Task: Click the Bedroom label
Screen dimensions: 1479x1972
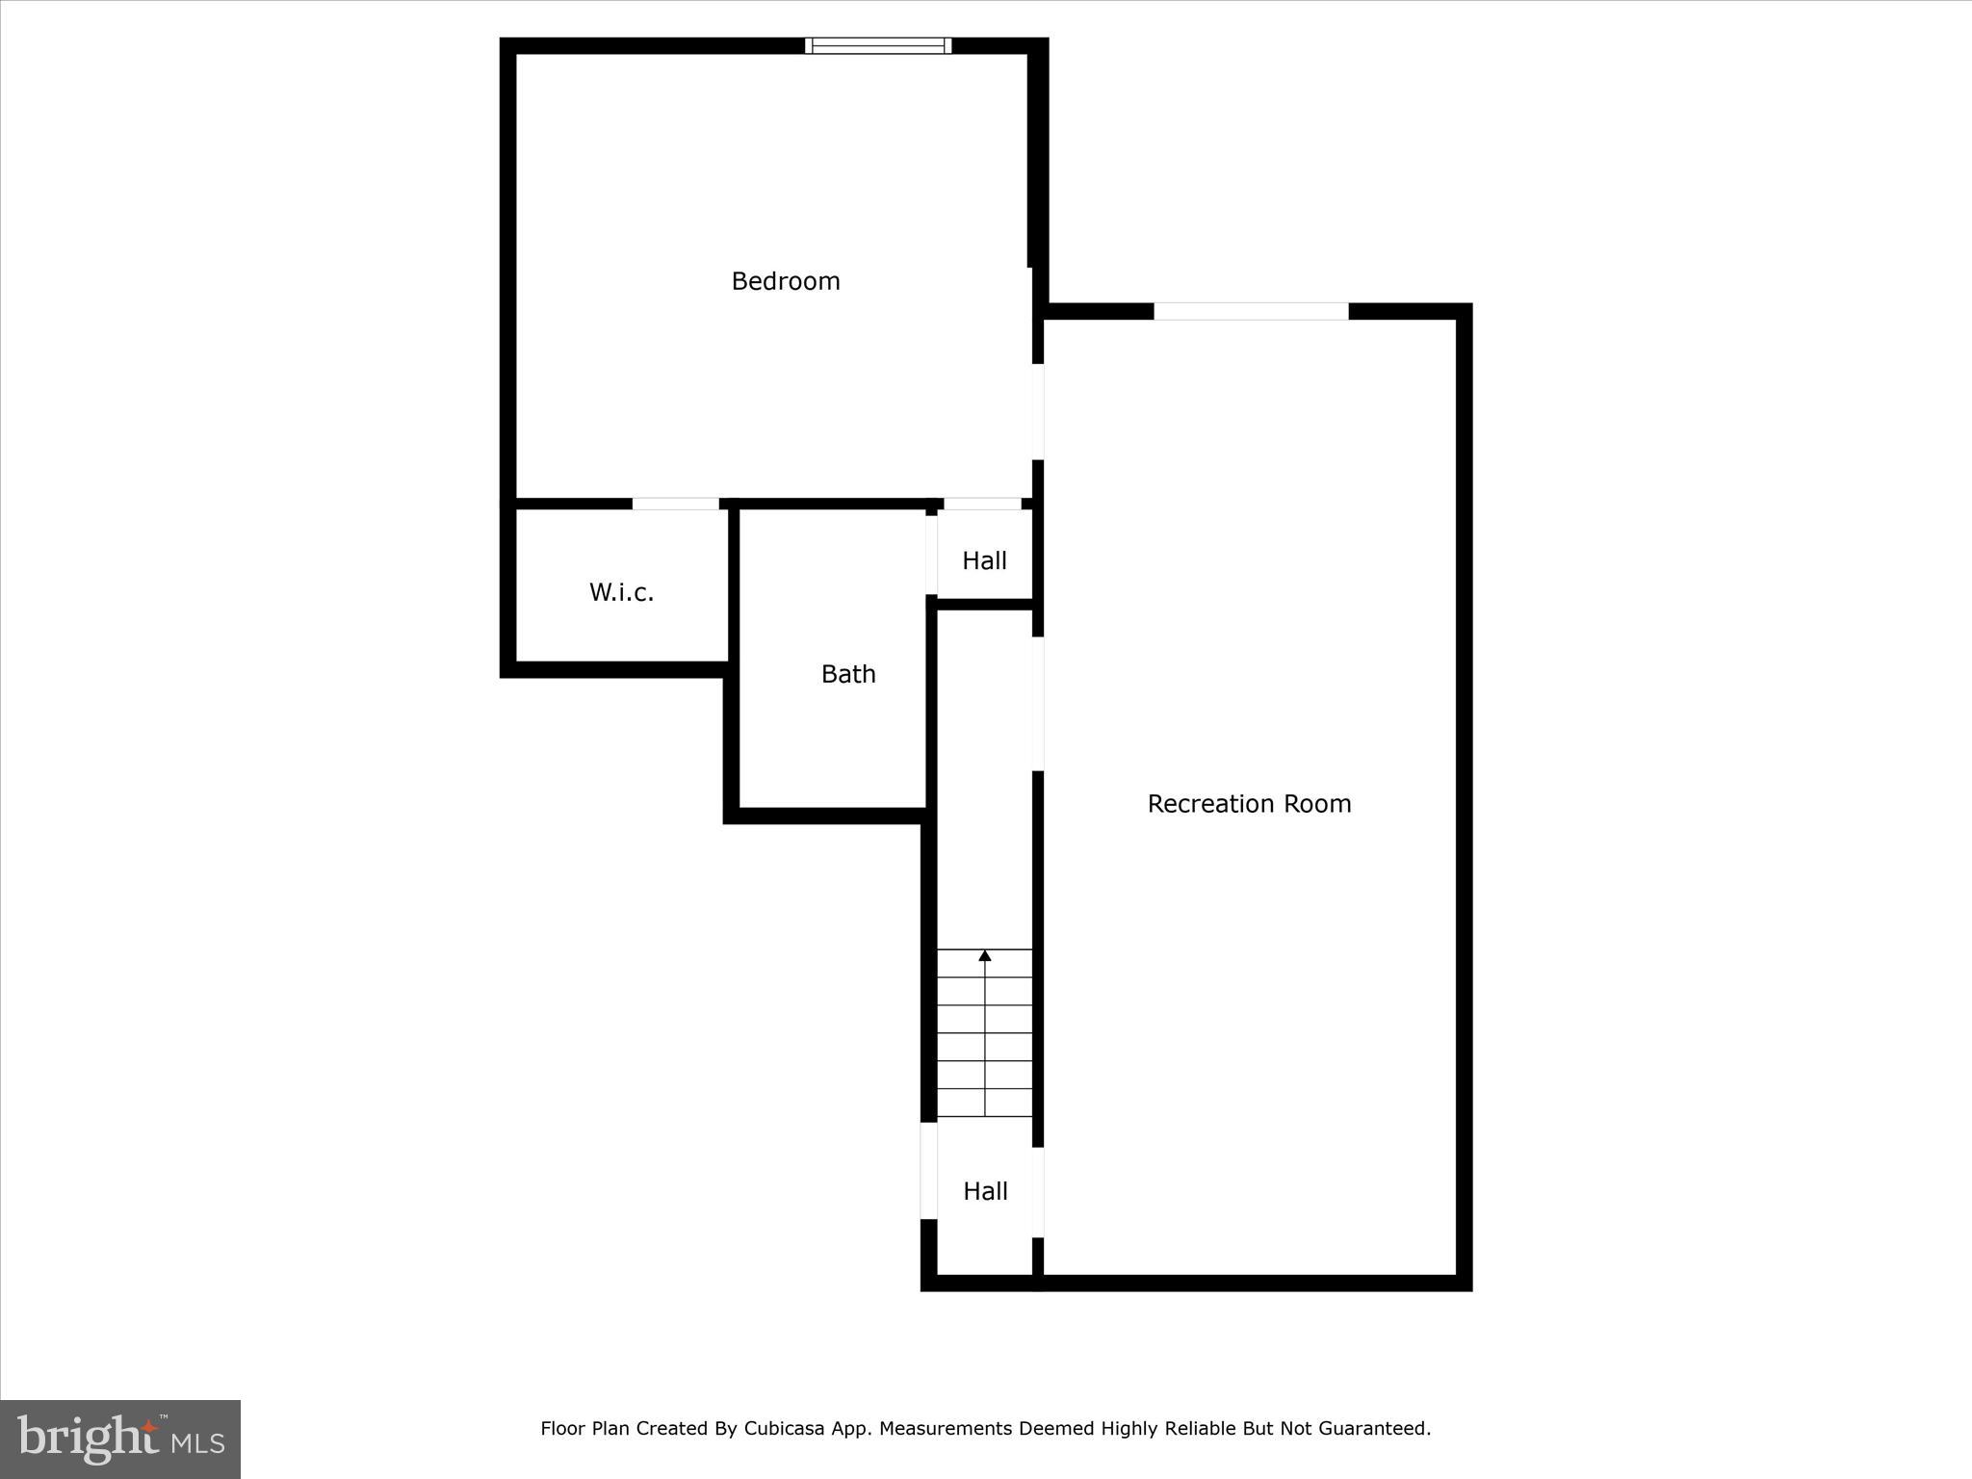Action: pyautogui.click(x=785, y=281)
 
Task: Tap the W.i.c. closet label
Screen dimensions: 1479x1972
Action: pyautogui.click(x=621, y=592)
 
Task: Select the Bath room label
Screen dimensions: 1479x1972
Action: pyautogui.click(x=848, y=674)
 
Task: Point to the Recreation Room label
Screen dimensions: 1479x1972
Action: pyautogui.click(x=1249, y=804)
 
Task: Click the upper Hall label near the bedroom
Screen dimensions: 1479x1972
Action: pyautogui.click(x=984, y=560)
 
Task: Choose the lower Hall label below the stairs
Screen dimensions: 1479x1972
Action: pyautogui.click(x=985, y=1191)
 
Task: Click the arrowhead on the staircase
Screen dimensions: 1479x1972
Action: pyautogui.click(x=985, y=955)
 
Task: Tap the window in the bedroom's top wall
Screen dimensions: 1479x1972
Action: pyautogui.click(x=878, y=45)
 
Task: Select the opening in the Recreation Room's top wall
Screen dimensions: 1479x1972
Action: pyautogui.click(x=1251, y=311)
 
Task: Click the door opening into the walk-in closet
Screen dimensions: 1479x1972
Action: pyautogui.click(x=675, y=504)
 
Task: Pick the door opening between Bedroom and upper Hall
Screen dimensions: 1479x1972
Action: pyautogui.click(x=981, y=504)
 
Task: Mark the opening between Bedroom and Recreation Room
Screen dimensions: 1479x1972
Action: pyautogui.click(x=1038, y=411)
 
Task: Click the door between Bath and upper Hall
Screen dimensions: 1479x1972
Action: pyautogui.click(x=931, y=556)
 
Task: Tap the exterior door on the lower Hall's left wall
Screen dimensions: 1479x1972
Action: pyautogui.click(x=929, y=1171)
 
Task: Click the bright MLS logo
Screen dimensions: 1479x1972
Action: pyautogui.click(x=120, y=1440)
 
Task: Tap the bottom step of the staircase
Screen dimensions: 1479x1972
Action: pyautogui.click(x=985, y=1103)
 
